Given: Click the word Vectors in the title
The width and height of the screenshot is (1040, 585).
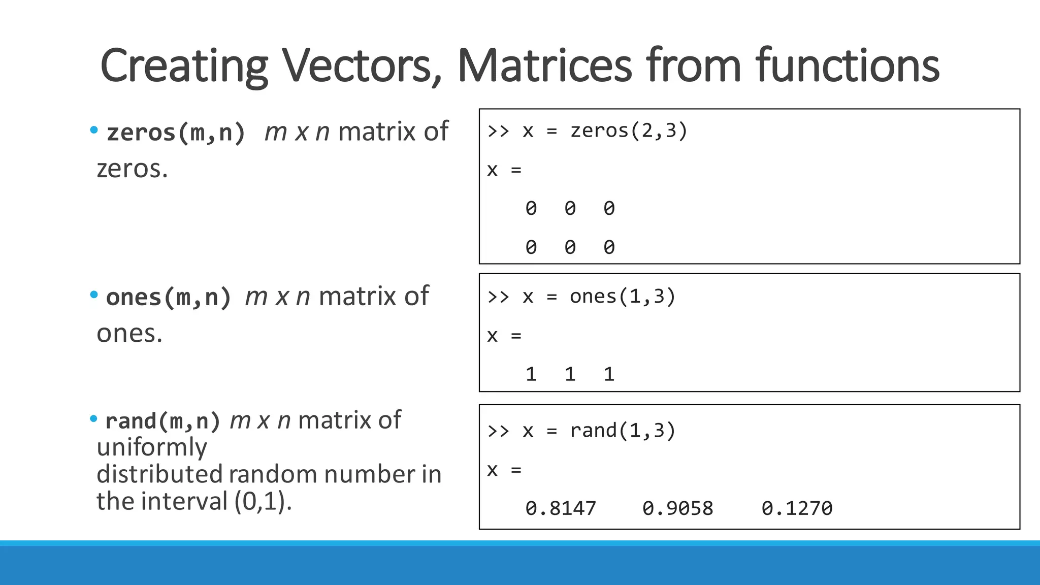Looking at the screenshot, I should coord(362,66).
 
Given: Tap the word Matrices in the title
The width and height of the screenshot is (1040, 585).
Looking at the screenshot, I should coord(545,66).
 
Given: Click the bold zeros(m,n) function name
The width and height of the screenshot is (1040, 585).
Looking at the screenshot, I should coord(176,133).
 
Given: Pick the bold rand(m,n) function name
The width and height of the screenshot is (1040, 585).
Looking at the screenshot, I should coord(162,421).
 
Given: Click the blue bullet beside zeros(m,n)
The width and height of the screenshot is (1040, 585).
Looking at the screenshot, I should coord(93,130).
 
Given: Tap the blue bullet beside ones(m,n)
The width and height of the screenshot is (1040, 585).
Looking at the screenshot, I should coord(93,295).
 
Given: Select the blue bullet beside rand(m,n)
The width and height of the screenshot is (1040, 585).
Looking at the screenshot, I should coord(93,418).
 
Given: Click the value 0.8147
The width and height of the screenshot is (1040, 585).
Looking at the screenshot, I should coord(561,508).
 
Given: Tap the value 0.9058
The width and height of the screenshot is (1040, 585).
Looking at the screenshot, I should coord(678,508).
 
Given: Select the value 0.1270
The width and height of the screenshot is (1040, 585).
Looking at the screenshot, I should coord(797,508).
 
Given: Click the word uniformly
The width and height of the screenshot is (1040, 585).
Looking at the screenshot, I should coord(152,447).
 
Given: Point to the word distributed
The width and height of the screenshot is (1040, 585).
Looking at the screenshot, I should coord(159,474).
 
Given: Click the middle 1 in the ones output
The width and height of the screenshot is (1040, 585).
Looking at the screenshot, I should coord(570,375).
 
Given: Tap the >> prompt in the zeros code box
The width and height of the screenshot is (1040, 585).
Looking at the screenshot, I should coord(498,131).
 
